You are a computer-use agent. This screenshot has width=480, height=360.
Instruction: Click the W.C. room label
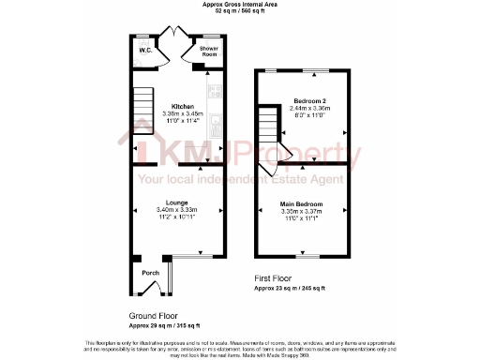145,50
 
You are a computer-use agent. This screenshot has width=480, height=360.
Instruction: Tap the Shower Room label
207,52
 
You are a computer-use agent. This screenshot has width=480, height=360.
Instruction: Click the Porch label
149,273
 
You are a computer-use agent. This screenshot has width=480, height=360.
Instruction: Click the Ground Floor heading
154,316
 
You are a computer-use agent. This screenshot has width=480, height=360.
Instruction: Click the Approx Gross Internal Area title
239,5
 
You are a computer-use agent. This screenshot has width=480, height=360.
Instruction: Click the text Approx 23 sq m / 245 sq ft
290,289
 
